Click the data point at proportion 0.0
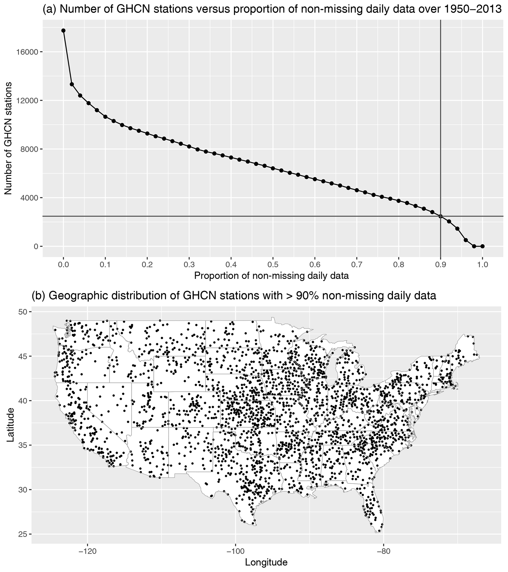(63, 31)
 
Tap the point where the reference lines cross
(441, 216)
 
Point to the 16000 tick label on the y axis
(27, 52)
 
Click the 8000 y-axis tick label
(29, 149)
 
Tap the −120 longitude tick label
(87, 551)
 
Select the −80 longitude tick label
(383, 551)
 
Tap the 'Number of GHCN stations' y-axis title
(8, 138)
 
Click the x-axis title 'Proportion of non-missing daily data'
(271, 276)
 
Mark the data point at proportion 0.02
(72, 84)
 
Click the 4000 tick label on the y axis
(29, 198)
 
